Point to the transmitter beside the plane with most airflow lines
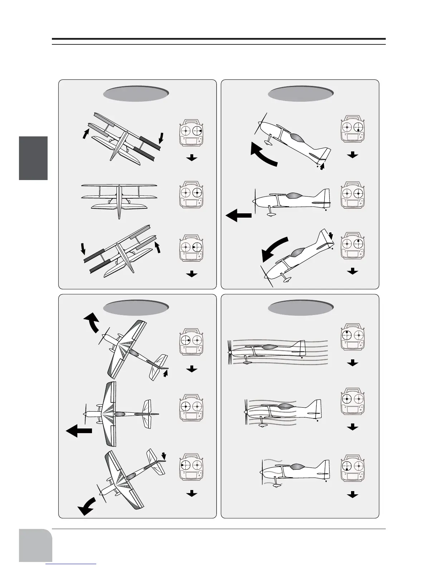pos(353,339)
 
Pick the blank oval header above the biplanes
pos(136,94)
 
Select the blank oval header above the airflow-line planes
pos(301,307)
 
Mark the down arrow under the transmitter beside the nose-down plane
pos(352,271)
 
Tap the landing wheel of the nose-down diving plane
pos(286,280)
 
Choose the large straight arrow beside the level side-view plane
pos(239,216)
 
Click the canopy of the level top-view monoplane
pos(120,414)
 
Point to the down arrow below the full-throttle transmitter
pos(353,363)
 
